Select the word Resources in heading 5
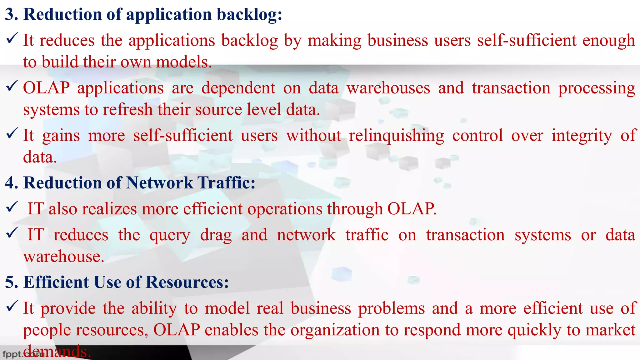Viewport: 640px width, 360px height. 187,282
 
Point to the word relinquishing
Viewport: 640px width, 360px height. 396,136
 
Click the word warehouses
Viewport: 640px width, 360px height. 388,88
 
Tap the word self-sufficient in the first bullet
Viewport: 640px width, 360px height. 527,41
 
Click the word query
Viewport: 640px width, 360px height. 170,235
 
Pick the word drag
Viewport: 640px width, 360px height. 216,235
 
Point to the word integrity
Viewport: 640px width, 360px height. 582,136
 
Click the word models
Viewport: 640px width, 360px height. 184,62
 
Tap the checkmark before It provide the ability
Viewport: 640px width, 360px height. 12,306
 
